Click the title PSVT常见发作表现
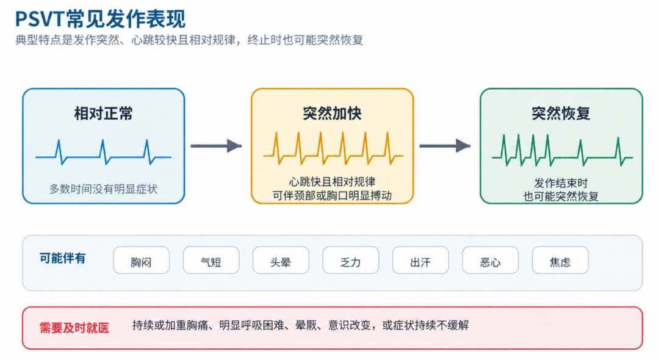(x=100, y=19)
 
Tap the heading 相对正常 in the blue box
(x=103, y=113)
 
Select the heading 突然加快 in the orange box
(x=332, y=113)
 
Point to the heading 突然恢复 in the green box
(x=561, y=113)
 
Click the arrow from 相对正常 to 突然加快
(x=216, y=146)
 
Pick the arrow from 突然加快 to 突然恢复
(x=445, y=146)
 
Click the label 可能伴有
(x=63, y=258)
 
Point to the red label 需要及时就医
(x=74, y=328)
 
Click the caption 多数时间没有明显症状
(x=103, y=189)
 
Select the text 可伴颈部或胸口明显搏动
(x=332, y=196)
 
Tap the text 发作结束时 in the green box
(x=561, y=183)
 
